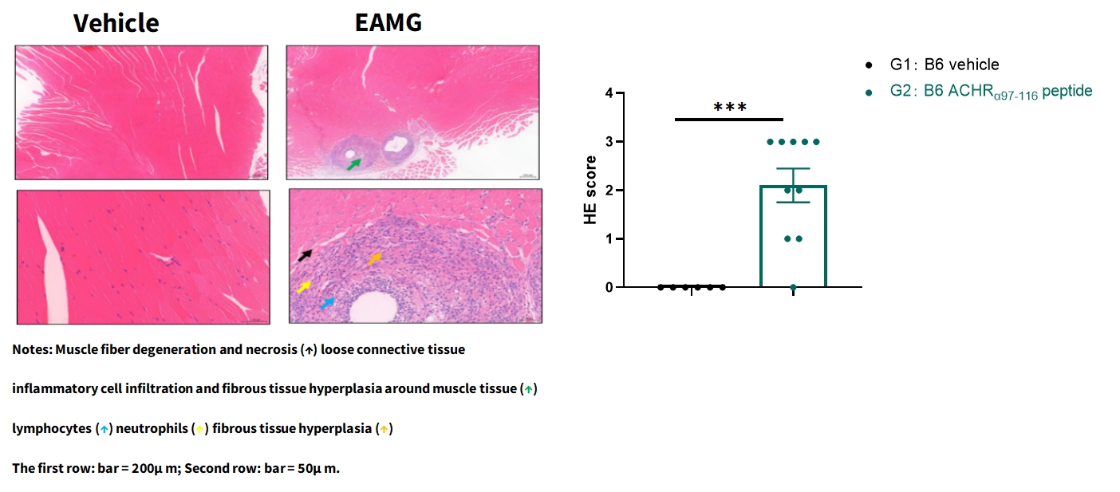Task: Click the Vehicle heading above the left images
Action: [116, 23]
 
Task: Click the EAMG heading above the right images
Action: [388, 22]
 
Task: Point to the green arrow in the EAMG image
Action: [354, 164]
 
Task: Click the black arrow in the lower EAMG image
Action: [305, 255]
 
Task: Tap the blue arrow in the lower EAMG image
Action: [328, 302]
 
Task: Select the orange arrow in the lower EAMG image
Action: [375, 258]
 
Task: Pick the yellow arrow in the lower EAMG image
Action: [304, 286]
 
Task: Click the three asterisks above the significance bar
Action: [730, 107]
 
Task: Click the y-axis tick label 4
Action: [609, 93]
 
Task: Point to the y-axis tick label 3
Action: [609, 141]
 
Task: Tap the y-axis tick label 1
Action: [609, 239]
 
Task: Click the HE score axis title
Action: [590, 190]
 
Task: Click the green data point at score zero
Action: [793, 288]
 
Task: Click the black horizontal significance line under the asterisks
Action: [729, 120]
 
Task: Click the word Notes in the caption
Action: [32, 349]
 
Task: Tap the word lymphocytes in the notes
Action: [52, 429]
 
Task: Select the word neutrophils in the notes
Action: [152, 429]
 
